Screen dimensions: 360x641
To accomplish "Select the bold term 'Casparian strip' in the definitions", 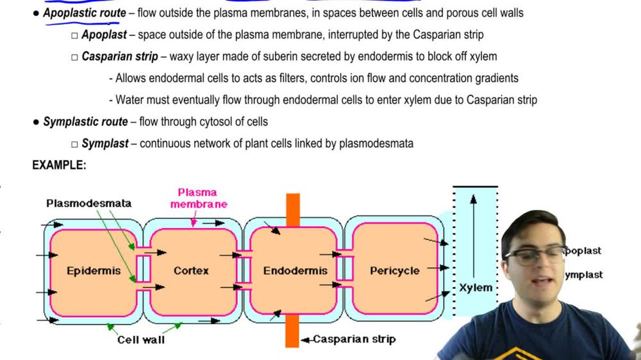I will coord(120,56).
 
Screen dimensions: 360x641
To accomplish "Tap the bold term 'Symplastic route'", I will coord(85,122).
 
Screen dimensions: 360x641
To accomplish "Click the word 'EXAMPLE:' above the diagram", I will coord(59,165).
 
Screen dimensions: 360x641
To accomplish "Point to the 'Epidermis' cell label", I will coord(94,271).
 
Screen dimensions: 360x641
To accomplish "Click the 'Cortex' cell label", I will coord(191,271).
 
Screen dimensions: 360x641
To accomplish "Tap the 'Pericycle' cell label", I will coord(394,271).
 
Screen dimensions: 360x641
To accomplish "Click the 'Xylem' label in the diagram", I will coord(476,288).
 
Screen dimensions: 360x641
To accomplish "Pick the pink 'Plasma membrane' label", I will coord(198,198).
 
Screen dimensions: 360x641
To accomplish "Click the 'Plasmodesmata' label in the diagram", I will coord(88,203).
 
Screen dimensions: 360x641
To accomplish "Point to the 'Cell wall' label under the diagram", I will coord(141,340).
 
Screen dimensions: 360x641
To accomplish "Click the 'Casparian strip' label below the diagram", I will coord(354,339).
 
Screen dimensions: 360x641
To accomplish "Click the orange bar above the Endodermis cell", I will coord(293,209).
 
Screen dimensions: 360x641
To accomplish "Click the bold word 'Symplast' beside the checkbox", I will coord(105,143).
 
